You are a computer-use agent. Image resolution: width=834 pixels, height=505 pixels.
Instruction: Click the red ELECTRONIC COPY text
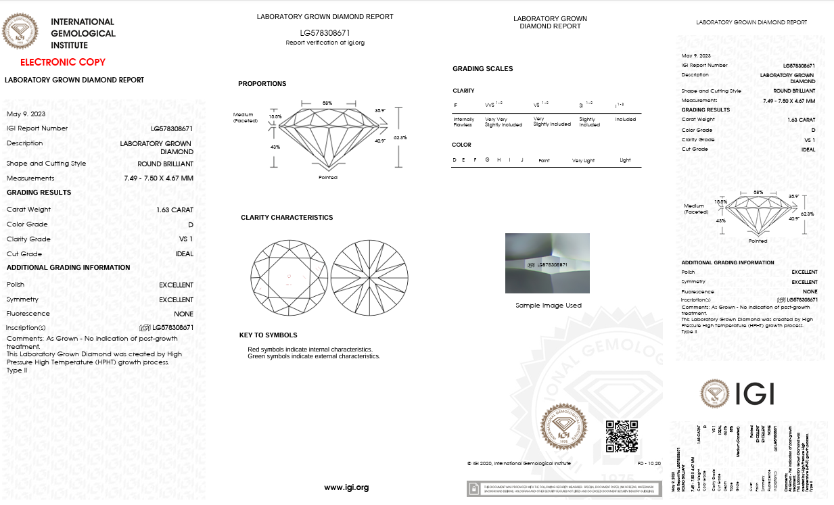(63, 62)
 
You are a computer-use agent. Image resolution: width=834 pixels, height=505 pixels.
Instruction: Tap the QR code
(621, 436)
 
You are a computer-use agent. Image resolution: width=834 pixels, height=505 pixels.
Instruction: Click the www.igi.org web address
(346, 487)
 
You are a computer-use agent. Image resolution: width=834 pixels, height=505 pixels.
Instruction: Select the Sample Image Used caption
(548, 306)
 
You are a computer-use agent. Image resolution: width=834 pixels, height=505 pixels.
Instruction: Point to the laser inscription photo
(547, 263)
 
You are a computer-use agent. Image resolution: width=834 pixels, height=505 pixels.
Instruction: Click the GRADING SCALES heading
(482, 69)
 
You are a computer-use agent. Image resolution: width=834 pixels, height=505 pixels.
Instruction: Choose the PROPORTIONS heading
(262, 84)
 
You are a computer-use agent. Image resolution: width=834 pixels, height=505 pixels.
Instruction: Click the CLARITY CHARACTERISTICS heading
(287, 218)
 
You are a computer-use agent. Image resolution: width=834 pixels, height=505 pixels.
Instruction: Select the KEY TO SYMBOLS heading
(268, 335)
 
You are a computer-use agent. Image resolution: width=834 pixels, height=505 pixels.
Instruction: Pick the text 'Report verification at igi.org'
(325, 43)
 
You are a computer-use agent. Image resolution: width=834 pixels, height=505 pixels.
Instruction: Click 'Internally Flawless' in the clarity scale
(463, 122)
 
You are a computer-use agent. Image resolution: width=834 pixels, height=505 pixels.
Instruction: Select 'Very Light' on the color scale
(582, 160)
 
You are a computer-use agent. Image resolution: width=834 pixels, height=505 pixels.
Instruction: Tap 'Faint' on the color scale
(544, 160)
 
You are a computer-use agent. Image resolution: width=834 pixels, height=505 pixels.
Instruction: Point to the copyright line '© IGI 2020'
(518, 463)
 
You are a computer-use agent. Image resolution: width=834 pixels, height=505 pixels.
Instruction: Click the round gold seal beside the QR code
(563, 427)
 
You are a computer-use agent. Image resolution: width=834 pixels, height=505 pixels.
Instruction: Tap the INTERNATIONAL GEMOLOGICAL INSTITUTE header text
(83, 34)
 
